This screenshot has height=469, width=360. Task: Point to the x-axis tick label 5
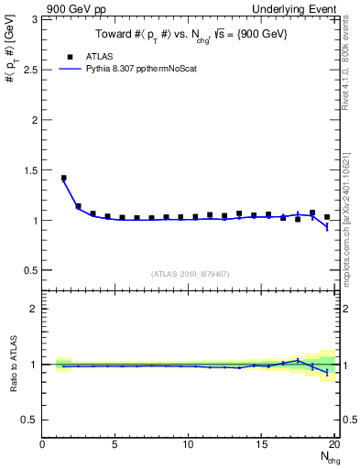[x=115, y=445]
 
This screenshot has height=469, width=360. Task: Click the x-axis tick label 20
[x=333, y=445]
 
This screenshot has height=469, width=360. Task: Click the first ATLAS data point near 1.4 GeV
[x=63, y=178]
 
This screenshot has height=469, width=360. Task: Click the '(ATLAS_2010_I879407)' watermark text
[x=191, y=274]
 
